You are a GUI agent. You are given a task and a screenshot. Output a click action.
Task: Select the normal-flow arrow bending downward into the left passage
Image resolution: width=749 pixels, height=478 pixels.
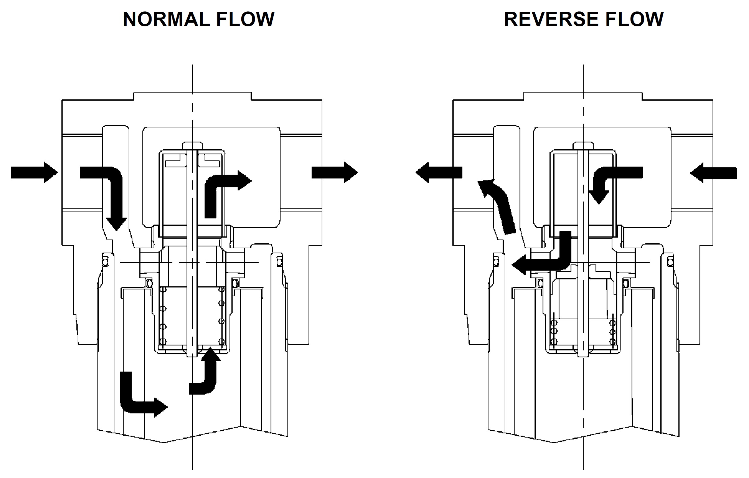(111, 189)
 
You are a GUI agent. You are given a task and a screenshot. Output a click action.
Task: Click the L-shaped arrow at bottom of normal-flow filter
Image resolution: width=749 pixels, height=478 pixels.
(135, 400)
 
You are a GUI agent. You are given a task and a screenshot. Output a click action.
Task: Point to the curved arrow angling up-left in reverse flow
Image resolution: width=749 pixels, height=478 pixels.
(500, 206)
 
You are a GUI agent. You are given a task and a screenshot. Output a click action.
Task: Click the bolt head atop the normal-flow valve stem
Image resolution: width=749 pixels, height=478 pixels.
(192, 146)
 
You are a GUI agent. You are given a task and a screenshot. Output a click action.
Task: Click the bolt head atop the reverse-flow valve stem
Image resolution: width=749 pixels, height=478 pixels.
(583, 146)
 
